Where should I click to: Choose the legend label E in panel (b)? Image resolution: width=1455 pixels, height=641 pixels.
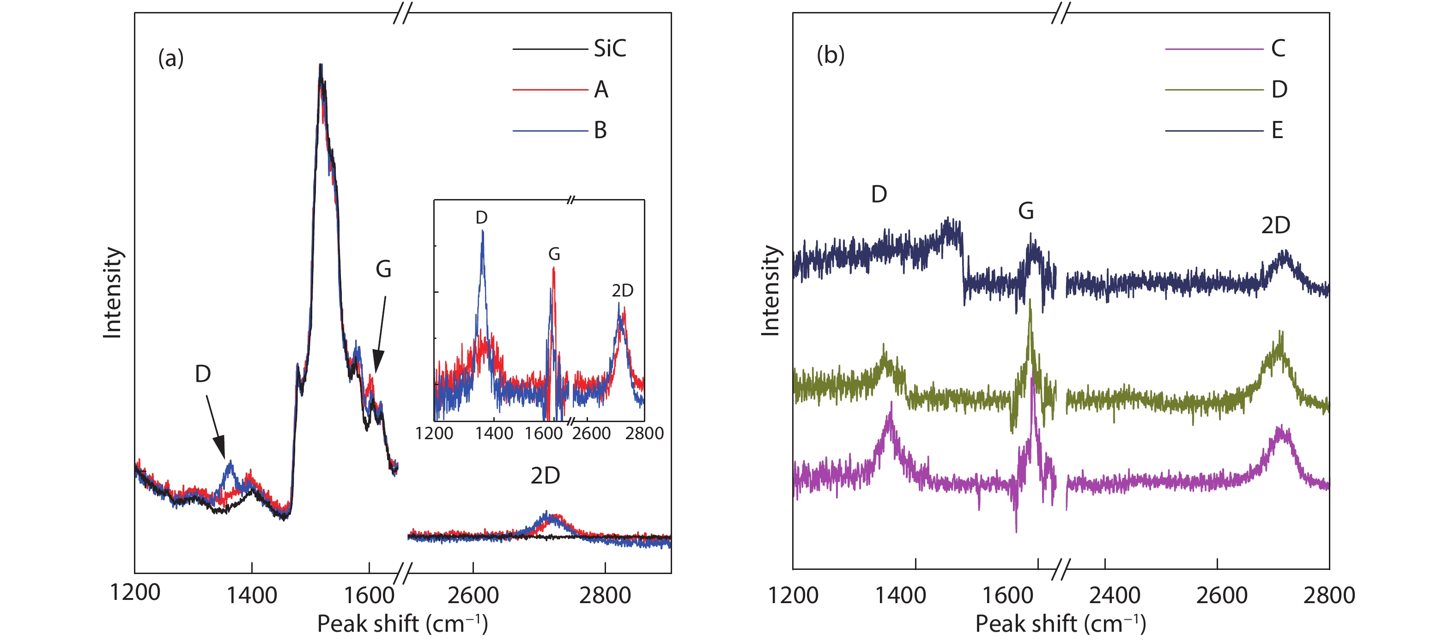tap(1277, 130)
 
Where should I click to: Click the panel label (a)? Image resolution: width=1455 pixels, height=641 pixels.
tap(170, 58)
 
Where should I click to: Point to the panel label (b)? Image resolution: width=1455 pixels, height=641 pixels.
tap(831, 55)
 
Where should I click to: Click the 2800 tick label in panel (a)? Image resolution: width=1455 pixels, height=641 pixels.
tap(605, 595)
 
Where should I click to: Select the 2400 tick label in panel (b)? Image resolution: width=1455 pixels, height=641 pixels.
tap(1115, 595)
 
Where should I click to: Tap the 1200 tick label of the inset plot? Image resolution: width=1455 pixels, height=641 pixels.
tap(434, 433)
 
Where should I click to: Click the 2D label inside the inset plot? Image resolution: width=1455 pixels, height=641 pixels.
tap(623, 290)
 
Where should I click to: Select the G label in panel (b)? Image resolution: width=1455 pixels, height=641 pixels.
tap(1026, 211)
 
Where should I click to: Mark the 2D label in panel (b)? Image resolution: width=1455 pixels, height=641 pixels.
tap(1276, 225)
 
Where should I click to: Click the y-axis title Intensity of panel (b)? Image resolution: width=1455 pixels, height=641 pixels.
tap(770, 291)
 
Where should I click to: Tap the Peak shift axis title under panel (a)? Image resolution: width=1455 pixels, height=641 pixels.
tap(402, 623)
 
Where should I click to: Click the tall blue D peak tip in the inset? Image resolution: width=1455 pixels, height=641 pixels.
tap(482, 231)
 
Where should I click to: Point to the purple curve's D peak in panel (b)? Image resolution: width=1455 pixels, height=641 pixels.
tap(891, 403)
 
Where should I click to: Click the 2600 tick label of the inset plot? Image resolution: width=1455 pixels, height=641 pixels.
tap(591, 433)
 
